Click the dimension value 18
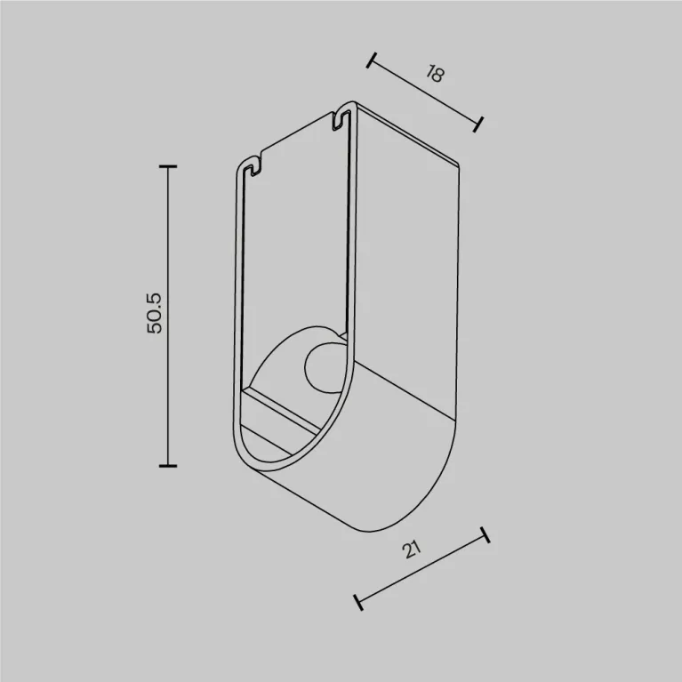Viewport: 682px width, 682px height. tap(435, 74)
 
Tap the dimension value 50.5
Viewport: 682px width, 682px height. tap(155, 314)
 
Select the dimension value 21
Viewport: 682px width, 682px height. tap(412, 550)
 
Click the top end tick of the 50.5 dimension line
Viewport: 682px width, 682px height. tap(168, 166)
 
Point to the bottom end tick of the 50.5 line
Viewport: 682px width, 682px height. tap(168, 466)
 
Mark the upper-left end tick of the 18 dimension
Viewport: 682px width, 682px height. tap(372, 60)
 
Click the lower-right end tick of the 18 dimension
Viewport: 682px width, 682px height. tap(478, 124)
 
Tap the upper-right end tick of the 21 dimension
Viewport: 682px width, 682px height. tap(485, 535)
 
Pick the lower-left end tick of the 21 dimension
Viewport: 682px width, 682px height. tap(358, 602)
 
